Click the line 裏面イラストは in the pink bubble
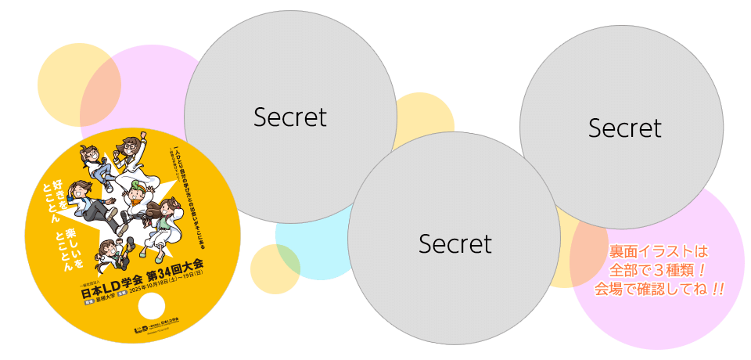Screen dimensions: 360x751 coord(658,252)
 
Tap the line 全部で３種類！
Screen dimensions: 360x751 coord(658,271)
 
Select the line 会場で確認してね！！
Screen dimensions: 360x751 coord(658,290)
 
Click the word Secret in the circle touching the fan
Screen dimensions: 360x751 coord(289,117)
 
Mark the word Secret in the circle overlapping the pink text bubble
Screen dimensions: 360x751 coord(624,128)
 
